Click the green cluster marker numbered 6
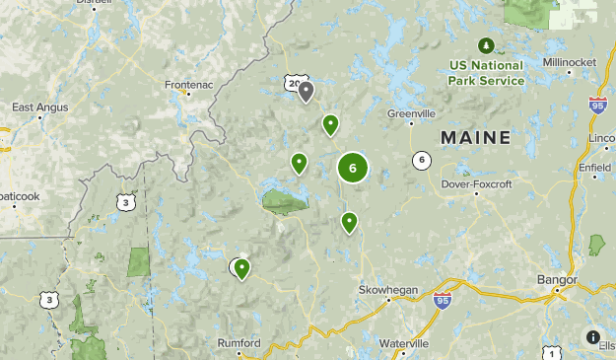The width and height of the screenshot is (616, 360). tap(353, 168)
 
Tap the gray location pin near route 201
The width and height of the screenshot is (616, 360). tap(306, 92)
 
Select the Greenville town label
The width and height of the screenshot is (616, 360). tap(411, 112)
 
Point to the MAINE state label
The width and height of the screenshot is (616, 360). tap(475, 138)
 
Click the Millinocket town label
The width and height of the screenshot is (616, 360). tap(570, 62)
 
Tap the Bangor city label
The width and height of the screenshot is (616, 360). tap(557, 280)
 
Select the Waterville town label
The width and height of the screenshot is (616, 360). tap(404, 343)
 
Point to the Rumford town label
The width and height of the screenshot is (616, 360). tap(239, 343)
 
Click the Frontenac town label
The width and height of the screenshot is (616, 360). tap(189, 85)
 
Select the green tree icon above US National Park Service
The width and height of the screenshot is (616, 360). tap(485, 45)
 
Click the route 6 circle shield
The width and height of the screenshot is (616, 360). tap(422, 160)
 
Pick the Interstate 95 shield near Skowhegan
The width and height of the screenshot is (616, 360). tap(443, 300)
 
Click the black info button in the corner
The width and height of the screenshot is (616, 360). tap(592, 336)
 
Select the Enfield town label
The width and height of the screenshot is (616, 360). tap(594, 168)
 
